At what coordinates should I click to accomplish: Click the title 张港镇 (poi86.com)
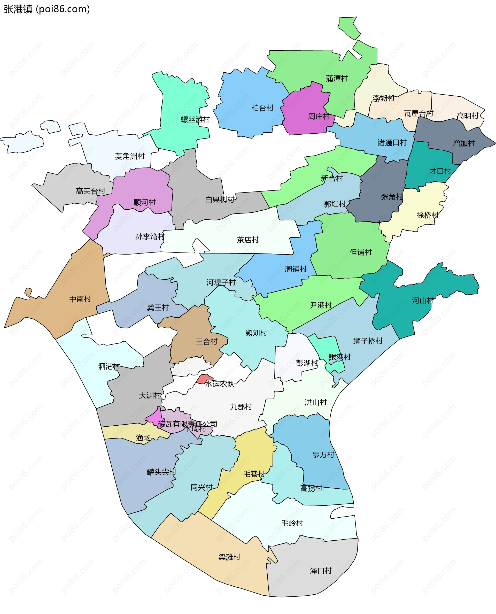pyautogui.click(x=47, y=9)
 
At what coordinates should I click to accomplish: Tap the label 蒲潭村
pyautogui.click(x=337, y=79)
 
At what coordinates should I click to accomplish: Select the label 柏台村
pyautogui.click(x=262, y=108)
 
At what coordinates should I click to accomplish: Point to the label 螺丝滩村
pyautogui.click(x=195, y=119)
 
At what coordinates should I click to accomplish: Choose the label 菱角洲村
pyautogui.click(x=130, y=156)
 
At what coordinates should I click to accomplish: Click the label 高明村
pyautogui.click(x=467, y=116)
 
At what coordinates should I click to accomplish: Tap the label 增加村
pyautogui.click(x=464, y=143)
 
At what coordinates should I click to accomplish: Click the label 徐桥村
pyautogui.click(x=428, y=215)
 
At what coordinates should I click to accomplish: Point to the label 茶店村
pyautogui.click(x=247, y=240)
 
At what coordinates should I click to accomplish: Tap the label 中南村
pyautogui.click(x=80, y=299)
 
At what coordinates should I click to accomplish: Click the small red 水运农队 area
pyautogui.click(x=204, y=379)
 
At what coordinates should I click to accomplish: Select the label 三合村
pyautogui.click(x=206, y=342)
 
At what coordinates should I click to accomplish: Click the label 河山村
pyautogui.click(x=423, y=301)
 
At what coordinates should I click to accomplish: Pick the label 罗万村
pyautogui.click(x=323, y=455)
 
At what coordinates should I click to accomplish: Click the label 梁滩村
pyautogui.click(x=229, y=557)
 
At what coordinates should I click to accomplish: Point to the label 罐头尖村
pyautogui.click(x=161, y=472)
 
